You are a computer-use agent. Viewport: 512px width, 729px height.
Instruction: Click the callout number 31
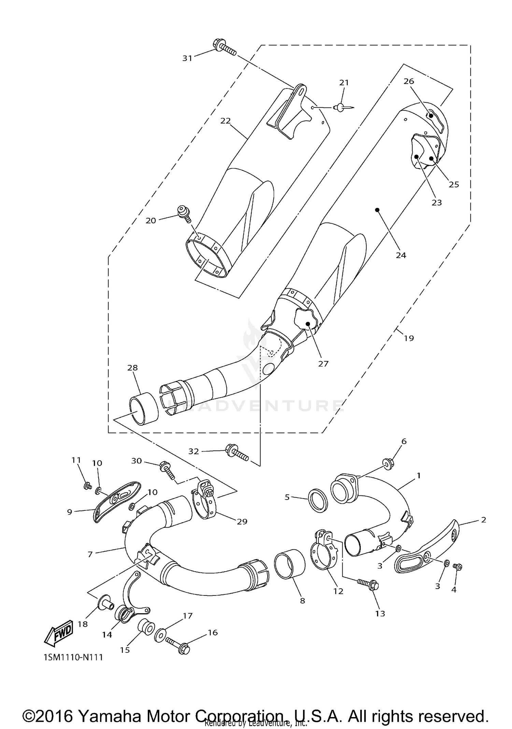187,58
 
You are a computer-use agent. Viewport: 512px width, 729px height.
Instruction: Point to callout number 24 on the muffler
401,255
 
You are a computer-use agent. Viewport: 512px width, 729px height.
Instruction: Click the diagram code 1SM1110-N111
73,657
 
